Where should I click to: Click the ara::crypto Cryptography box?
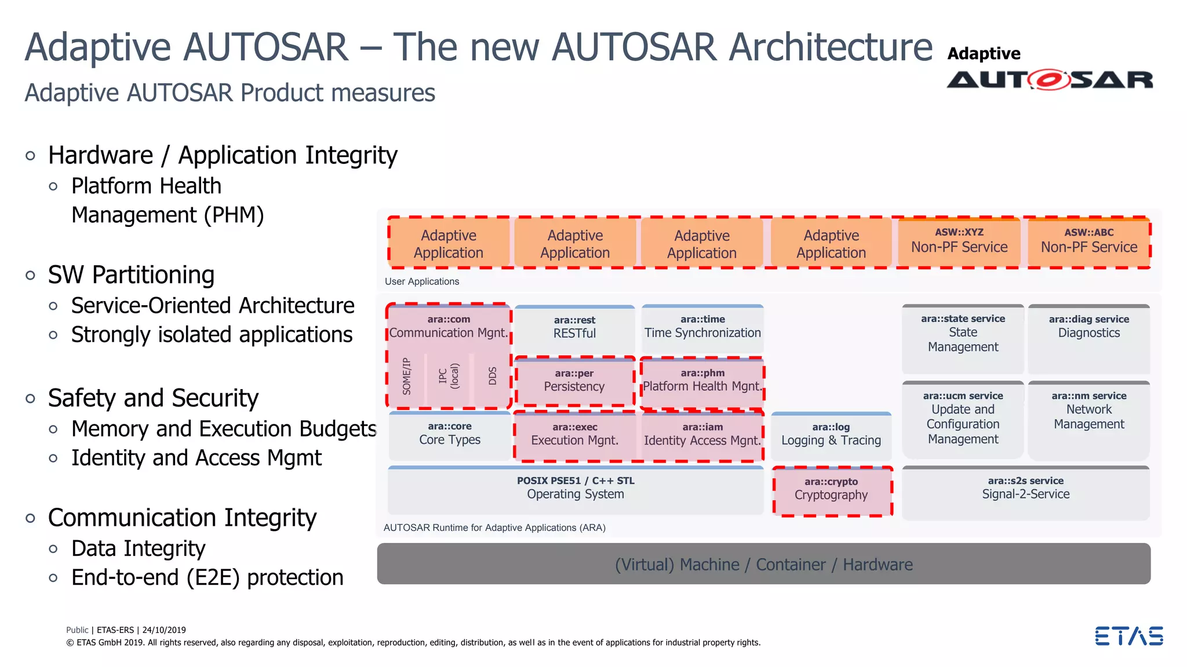click(x=832, y=490)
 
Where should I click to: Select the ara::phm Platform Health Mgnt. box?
click(x=702, y=381)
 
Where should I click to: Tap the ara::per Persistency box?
click(x=574, y=381)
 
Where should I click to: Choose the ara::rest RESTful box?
click(x=574, y=328)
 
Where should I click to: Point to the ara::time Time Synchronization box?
click(x=702, y=327)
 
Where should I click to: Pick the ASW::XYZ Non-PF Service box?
click(x=959, y=241)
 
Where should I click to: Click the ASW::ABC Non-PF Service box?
click(x=1089, y=241)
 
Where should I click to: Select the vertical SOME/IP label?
click(x=407, y=376)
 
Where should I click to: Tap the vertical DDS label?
click(x=493, y=376)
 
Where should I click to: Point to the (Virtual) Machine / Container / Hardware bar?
click(x=763, y=564)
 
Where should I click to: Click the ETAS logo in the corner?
click(x=1128, y=636)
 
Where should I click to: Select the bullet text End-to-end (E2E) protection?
click(x=207, y=578)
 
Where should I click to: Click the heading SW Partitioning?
click(x=131, y=275)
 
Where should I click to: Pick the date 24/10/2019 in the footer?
click(x=164, y=630)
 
